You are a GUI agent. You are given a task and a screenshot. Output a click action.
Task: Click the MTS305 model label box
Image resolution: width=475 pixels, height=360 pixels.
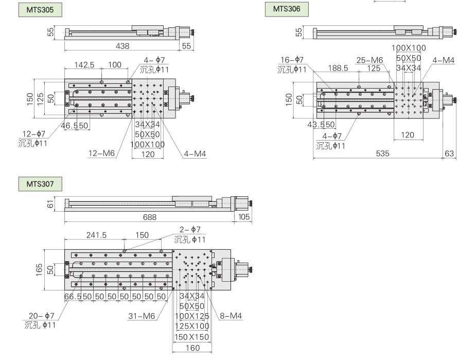(x=40, y=10)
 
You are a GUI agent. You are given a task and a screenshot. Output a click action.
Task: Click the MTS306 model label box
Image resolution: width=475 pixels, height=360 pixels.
(x=287, y=9)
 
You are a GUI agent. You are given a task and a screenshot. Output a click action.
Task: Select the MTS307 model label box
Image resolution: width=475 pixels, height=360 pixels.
(x=40, y=184)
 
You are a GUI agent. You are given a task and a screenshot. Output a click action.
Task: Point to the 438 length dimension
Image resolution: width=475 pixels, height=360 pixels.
(x=122, y=46)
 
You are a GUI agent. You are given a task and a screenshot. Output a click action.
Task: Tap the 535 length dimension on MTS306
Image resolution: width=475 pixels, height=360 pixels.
(x=382, y=153)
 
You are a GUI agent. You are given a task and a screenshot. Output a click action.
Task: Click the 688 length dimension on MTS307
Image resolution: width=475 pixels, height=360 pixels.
(x=150, y=217)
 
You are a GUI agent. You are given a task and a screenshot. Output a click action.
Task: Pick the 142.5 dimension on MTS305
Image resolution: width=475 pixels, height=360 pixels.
(x=84, y=64)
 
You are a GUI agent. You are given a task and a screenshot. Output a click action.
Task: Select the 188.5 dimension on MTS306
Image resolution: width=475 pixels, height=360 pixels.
(x=338, y=68)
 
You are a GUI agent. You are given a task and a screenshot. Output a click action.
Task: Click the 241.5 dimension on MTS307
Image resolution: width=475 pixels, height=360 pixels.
(x=96, y=235)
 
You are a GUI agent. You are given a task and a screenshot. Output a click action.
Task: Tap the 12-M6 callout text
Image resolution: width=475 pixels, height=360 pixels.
(x=101, y=153)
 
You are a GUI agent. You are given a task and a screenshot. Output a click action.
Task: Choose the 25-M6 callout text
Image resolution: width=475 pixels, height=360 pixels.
(x=370, y=60)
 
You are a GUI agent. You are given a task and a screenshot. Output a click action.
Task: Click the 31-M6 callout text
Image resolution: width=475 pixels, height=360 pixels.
(x=142, y=316)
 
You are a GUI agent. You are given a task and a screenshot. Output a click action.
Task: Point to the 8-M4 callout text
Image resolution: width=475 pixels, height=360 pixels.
(x=231, y=316)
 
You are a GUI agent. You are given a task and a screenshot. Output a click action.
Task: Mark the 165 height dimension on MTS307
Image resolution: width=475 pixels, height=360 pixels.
(x=39, y=270)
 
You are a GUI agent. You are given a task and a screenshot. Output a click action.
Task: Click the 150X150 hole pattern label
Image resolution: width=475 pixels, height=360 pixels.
(x=192, y=337)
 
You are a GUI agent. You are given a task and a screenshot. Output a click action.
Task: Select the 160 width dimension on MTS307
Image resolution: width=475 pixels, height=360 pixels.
(x=192, y=348)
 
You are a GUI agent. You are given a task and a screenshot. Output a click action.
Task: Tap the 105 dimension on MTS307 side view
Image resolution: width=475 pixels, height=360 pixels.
(x=244, y=217)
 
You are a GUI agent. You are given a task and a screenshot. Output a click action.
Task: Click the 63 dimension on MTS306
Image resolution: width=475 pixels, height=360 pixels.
(x=449, y=153)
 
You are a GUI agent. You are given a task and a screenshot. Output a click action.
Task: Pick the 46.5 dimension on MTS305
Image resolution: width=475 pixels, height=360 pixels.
(x=69, y=126)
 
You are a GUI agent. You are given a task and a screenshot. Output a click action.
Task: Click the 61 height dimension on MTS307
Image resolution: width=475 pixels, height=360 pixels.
(x=50, y=204)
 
